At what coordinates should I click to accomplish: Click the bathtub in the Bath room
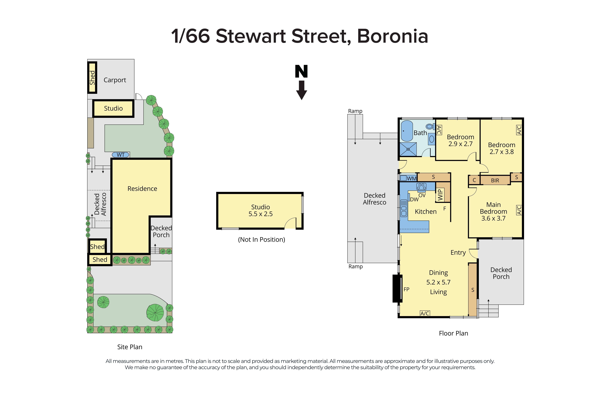pos(407,131)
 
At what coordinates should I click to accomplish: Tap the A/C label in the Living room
pos(425,313)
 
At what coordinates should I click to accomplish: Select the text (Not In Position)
pos(261,239)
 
